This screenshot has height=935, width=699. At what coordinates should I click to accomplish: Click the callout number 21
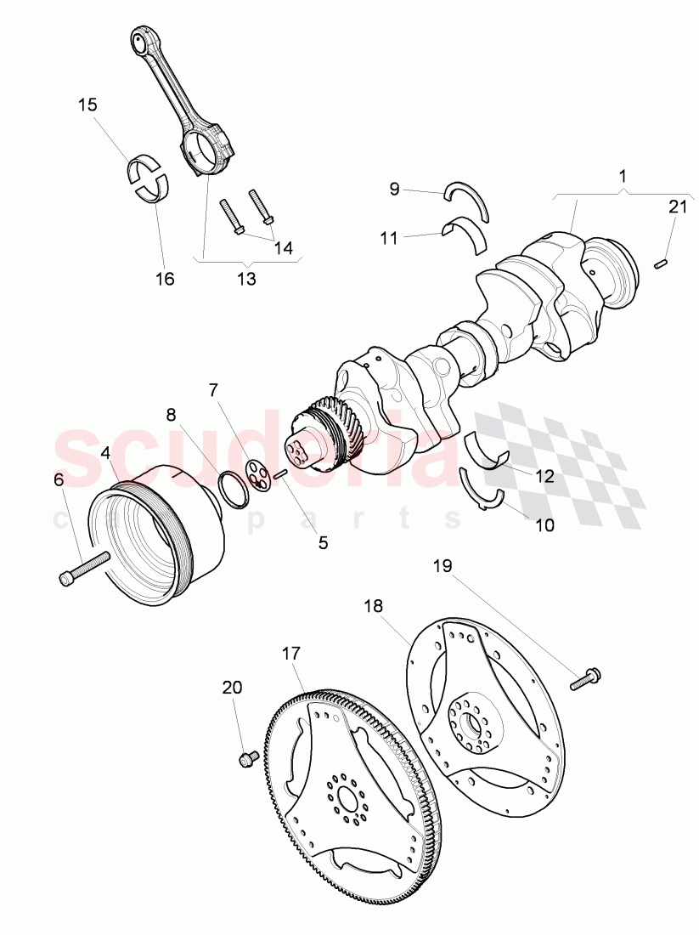tap(676, 207)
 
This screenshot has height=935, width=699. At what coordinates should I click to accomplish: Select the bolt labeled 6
tap(85, 568)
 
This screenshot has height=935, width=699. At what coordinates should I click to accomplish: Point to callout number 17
tap(291, 654)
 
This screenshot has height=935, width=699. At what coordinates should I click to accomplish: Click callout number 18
tap(374, 606)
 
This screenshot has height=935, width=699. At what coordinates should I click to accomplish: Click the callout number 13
tap(245, 278)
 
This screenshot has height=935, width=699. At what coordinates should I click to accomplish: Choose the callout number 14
tap(283, 248)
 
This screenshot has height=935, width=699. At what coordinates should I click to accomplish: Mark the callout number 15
tap(87, 105)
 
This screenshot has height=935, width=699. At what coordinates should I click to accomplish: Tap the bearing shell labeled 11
tap(466, 233)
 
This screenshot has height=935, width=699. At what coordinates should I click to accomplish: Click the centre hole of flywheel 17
tap(348, 797)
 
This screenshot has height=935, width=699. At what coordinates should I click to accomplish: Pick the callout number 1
tap(623, 177)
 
